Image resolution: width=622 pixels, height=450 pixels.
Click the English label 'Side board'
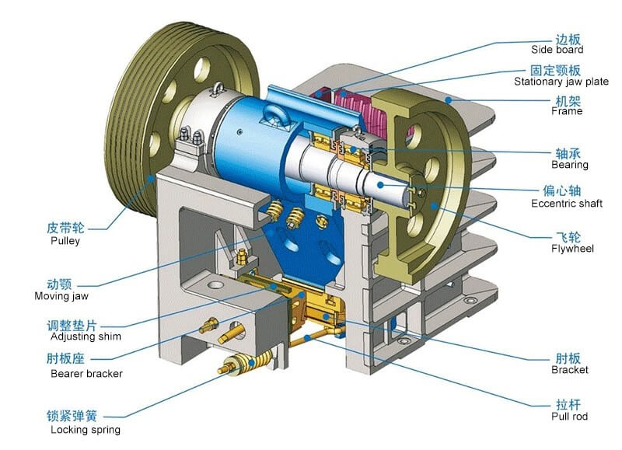[557, 50]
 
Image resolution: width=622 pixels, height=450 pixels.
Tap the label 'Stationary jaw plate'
[561, 82]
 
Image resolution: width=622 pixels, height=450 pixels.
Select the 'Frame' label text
[567, 111]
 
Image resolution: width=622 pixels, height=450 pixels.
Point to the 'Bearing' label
[570, 165]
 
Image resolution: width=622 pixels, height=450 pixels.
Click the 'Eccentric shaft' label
[567, 204]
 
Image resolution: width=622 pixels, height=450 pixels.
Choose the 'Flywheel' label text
[572, 249]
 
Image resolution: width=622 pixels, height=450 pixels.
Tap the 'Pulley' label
[65, 241]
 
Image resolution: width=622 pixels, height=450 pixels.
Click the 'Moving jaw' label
[61, 296]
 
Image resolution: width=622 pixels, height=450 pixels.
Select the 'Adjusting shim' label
[86, 337]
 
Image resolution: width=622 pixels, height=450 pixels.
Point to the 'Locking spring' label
[86, 430]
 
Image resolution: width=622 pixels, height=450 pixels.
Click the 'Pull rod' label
[569, 417]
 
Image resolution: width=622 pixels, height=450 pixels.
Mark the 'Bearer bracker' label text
[86, 374]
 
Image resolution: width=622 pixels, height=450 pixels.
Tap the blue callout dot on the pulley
[151, 179]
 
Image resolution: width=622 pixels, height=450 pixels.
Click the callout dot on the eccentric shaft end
[380, 185]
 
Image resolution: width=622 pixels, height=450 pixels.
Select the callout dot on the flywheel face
[435, 206]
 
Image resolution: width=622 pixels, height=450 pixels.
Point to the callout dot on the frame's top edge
[449, 100]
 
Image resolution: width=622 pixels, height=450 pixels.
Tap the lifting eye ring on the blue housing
[277, 116]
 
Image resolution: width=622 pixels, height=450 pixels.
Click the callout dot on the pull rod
[307, 338]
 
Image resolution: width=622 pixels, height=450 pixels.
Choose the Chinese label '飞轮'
[568, 237]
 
